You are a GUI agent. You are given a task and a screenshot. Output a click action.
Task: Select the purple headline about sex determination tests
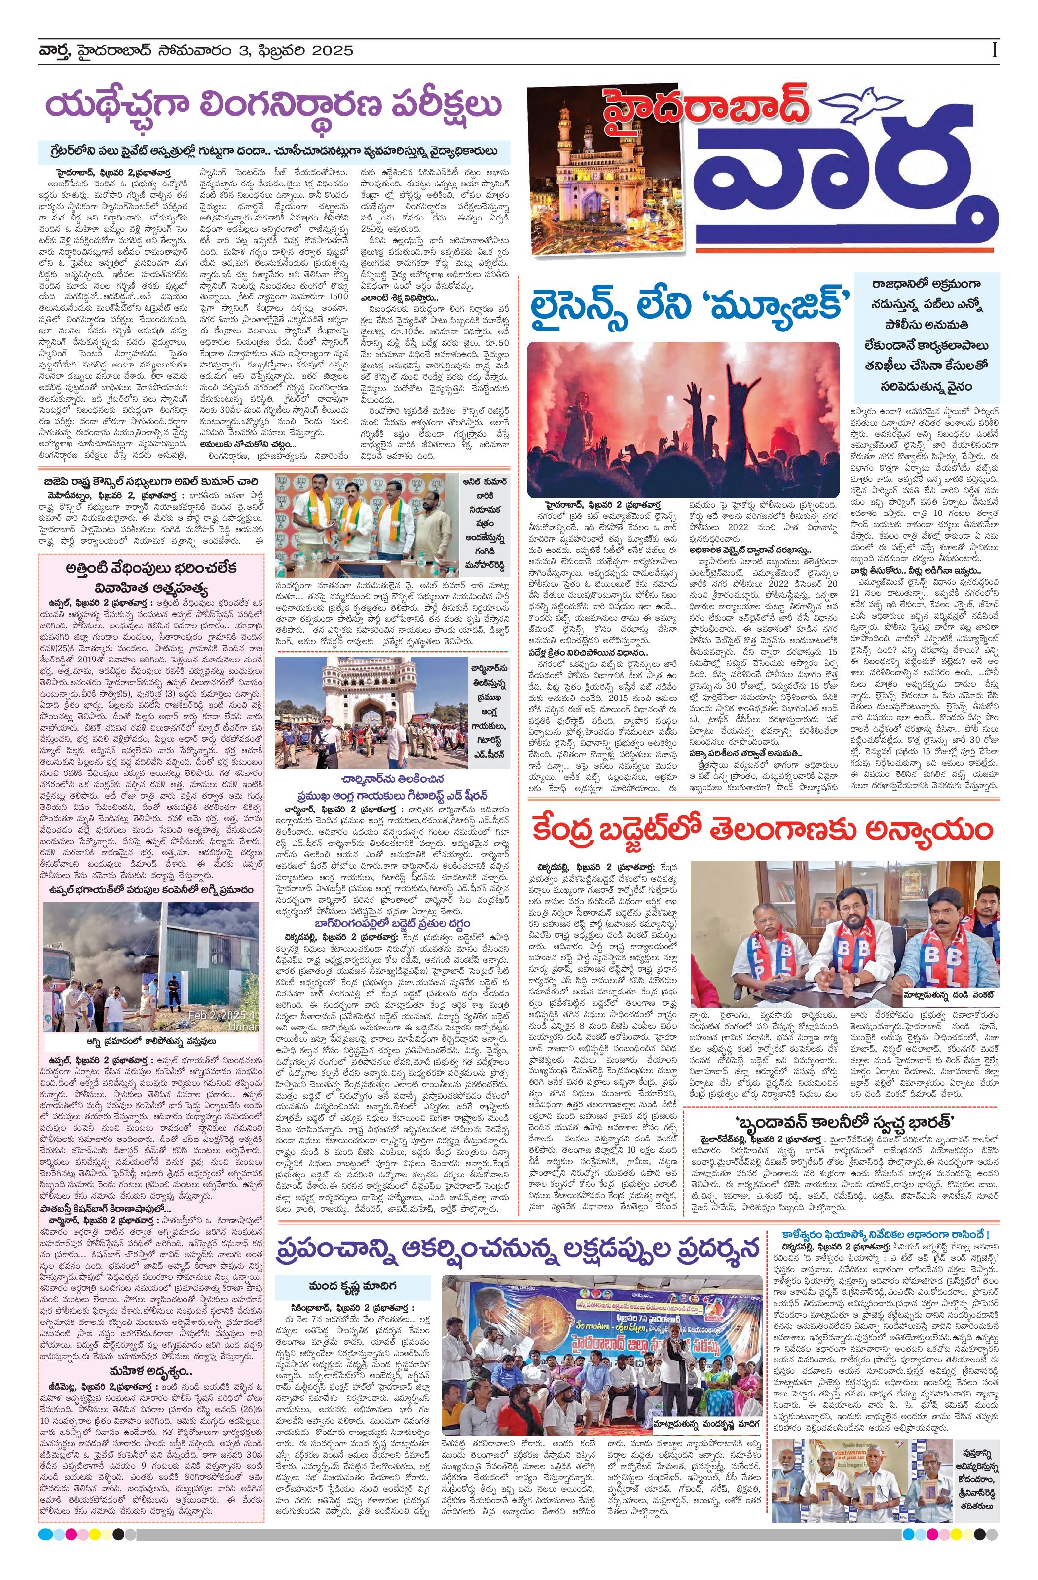pyautogui.click(x=274, y=106)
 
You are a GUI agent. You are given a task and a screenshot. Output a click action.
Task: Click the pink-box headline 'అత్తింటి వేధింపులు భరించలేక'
pyautogui.click(x=151, y=569)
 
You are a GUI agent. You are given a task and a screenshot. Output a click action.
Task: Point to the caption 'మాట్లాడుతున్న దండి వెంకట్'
pyautogui.click(x=950, y=994)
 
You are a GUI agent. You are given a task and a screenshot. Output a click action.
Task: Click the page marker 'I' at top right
pyautogui.click(x=994, y=50)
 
